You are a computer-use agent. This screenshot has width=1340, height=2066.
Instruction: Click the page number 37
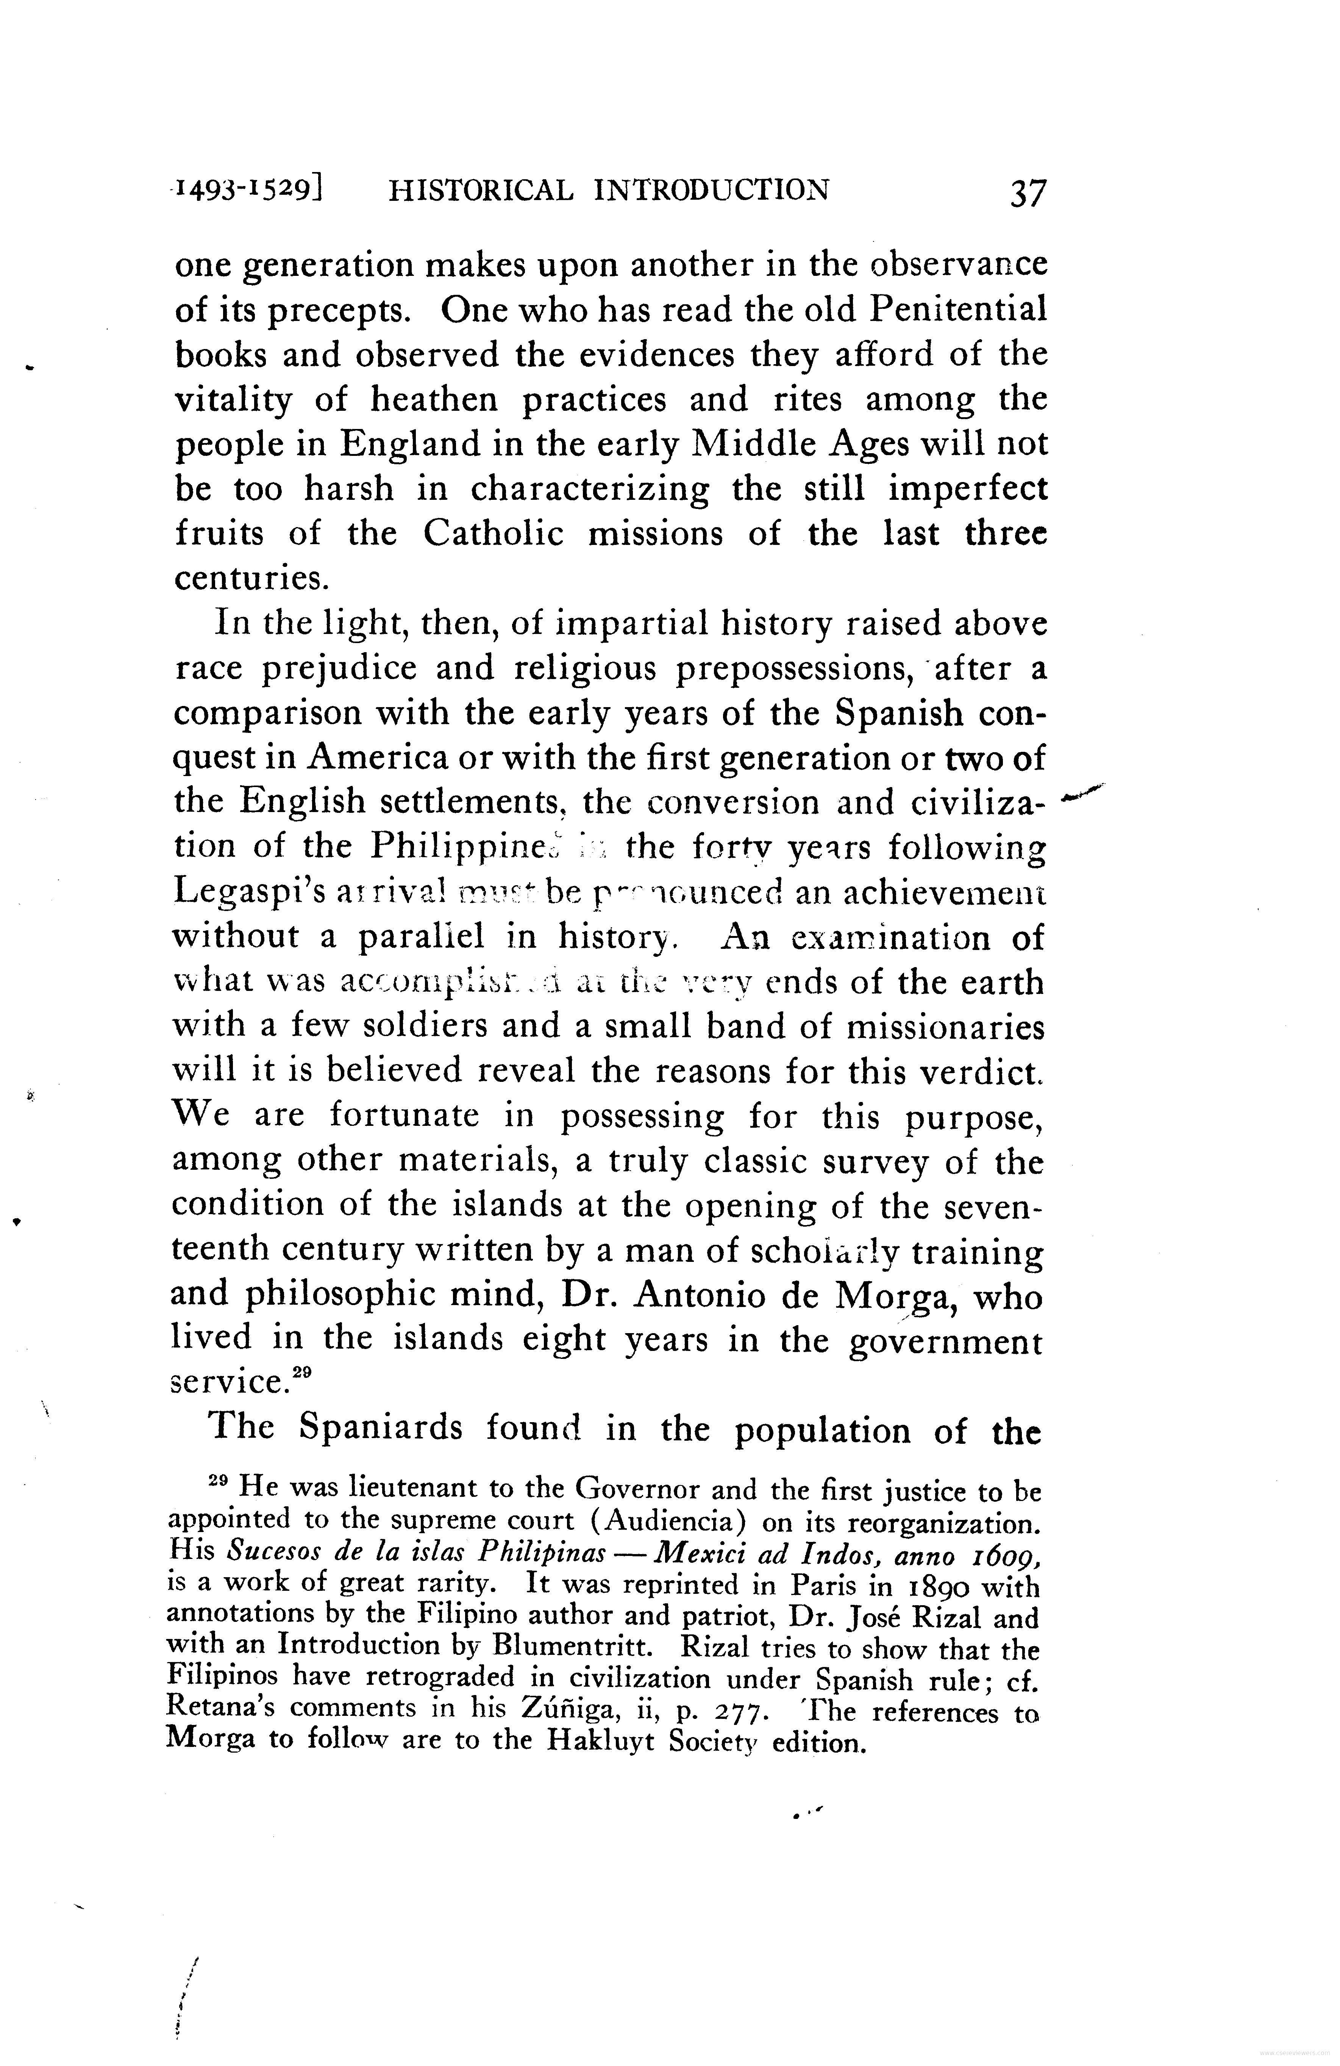tap(1028, 192)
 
